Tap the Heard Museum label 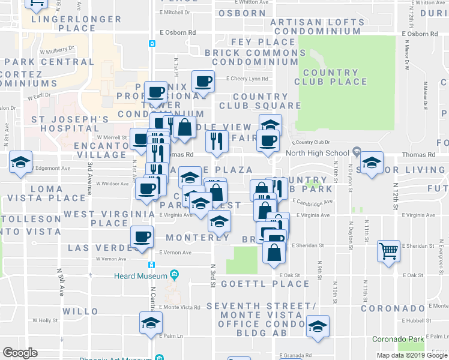point(140,275)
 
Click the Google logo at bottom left point(20,353)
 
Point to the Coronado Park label point(397,339)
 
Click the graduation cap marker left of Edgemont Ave point(20,162)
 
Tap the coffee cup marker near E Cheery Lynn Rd point(202,82)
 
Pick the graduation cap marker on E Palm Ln point(151,323)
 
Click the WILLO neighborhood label point(80,311)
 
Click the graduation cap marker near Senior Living point(371,162)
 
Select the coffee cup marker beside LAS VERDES point(141,236)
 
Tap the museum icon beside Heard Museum point(174,275)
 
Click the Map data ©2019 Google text point(411,355)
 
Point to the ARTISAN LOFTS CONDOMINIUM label point(316,26)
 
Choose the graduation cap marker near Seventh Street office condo point(318,326)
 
